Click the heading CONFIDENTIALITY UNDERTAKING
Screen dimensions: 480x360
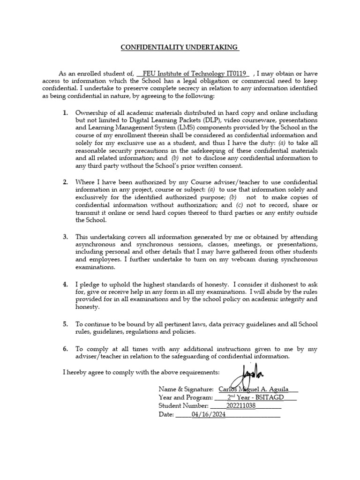(x=180, y=47)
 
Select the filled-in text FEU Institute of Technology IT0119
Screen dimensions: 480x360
(x=194, y=74)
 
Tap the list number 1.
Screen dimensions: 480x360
(x=66, y=113)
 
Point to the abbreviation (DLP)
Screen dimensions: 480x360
(x=199, y=120)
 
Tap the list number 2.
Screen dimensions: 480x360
(x=66, y=182)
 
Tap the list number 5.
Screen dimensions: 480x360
(x=66, y=324)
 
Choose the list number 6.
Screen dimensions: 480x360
(x=66, y=349)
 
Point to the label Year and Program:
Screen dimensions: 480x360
(x=186, y=397)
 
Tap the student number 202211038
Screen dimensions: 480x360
(x=241, y=406)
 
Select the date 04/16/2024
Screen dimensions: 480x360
(x=208, y=415)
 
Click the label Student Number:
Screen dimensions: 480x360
(x=183, y=406)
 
